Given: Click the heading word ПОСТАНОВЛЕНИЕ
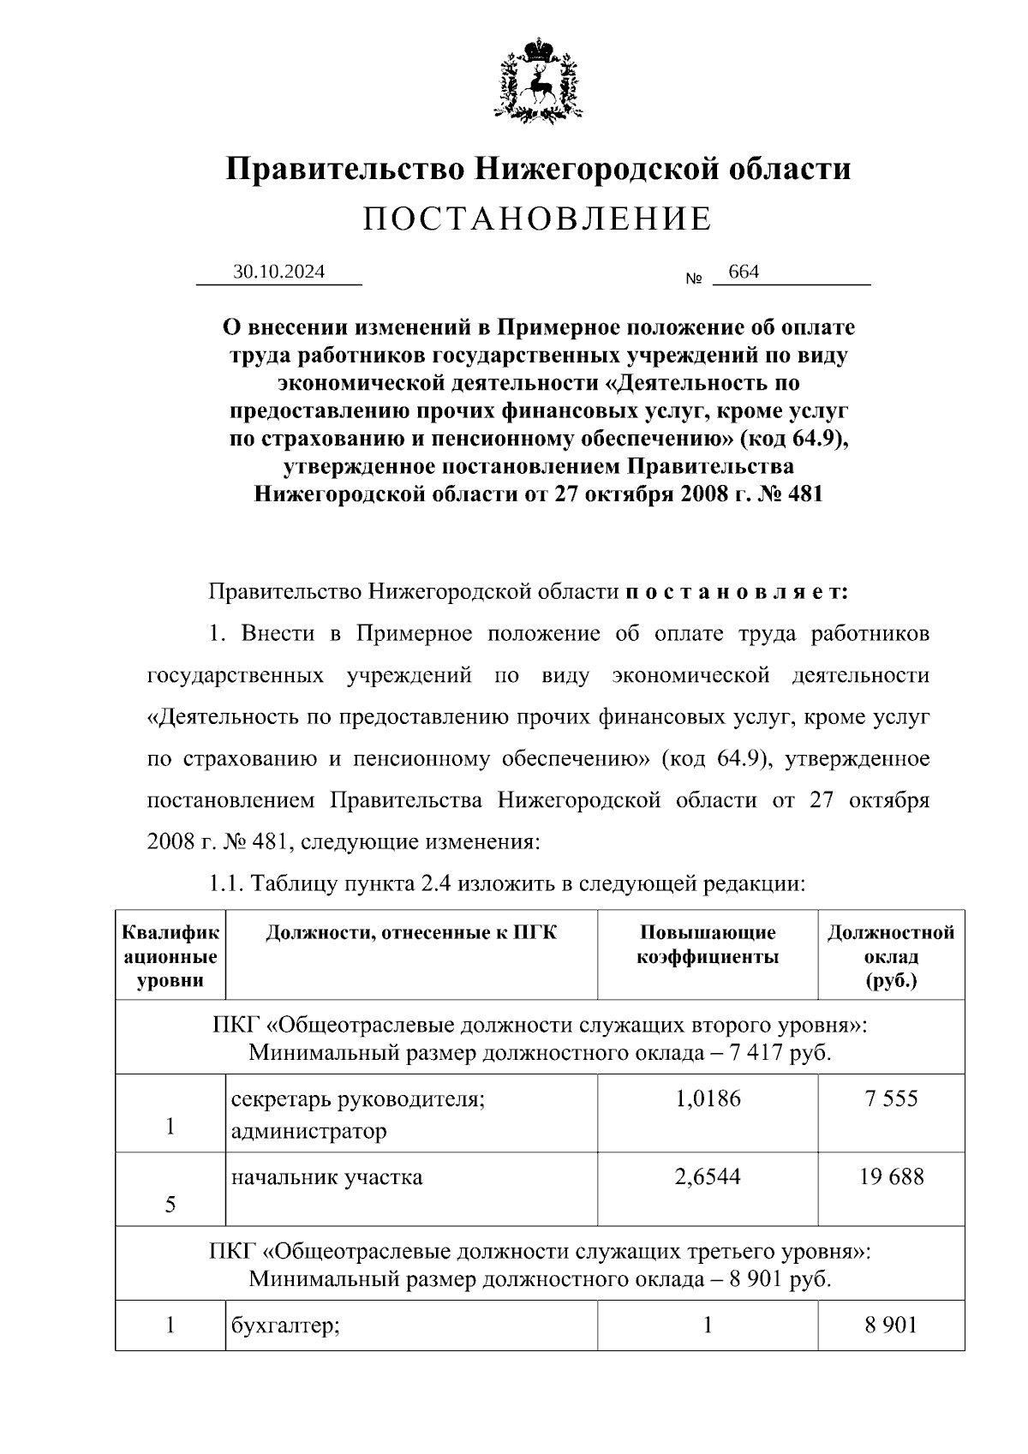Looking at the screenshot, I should coord(537,219).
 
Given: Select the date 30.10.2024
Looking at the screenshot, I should coord(278,272).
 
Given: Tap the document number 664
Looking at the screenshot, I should coord(743,272).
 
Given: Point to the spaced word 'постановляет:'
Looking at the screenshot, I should coord(738,592).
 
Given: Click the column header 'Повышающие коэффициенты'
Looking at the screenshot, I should coord(708,944).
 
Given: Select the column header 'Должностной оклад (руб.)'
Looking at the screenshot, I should coord(891,955).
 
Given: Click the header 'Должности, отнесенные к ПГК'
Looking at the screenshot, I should coord(411,932).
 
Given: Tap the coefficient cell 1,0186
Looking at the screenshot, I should coord(708,1098).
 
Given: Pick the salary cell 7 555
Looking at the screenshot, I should coord(891,1098).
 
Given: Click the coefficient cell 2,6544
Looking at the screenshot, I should coord(708,1176).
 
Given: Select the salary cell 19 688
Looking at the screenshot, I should coord(891,1176).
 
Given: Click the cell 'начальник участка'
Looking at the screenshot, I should coord(326,1176).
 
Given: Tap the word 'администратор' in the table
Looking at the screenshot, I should coord(308,1131).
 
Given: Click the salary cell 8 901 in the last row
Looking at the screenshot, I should coord(891,1325).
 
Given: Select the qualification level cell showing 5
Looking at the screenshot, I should coord(170,1205).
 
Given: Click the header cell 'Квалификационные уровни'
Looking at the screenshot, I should coord(170,955).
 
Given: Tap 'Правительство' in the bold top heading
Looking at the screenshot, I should coord(343,168).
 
